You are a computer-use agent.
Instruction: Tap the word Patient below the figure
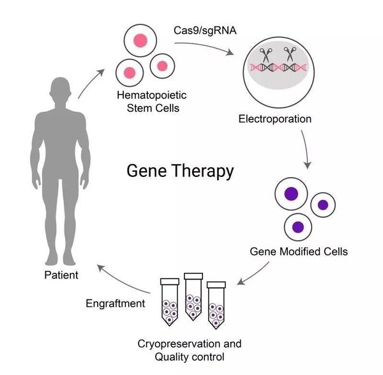[61, 275]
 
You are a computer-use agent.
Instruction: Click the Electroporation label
[274, 119]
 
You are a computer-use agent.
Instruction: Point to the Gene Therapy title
[180, 171]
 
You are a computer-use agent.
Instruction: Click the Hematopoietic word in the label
[146, 96]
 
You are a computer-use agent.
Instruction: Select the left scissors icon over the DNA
[263, 56]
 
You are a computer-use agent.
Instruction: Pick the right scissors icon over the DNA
[289, 56]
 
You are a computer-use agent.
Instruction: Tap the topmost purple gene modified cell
[291, 194]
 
